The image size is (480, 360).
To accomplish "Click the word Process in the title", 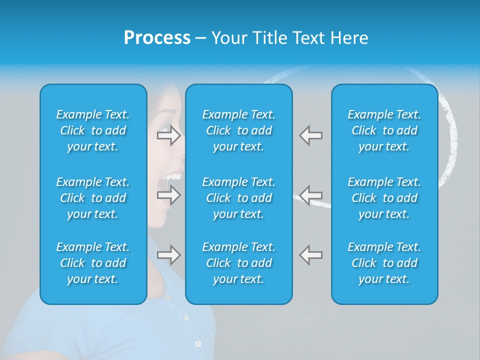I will point(157,38).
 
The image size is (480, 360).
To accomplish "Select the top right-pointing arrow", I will point(168,135).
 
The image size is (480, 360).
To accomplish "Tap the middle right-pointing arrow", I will point(168,194).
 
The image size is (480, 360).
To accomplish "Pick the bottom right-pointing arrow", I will point(168,255).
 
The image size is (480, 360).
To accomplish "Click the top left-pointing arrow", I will point(310,135).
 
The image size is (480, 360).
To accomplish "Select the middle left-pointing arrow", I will point(310,194).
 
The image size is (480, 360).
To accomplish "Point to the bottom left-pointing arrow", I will point(310,255).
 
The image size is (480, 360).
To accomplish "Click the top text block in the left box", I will point(93,130).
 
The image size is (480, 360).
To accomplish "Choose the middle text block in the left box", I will point(93,198).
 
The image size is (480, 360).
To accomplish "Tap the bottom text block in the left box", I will point(93,263).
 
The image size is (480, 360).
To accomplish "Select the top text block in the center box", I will point(239,130).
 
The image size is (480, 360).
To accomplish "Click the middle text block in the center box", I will point(239,198).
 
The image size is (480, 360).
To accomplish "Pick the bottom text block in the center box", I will point(239,263).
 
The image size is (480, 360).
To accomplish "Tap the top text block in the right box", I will point(384,130).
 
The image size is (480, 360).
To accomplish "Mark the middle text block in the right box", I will point(384,198).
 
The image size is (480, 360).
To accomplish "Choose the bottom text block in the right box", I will point(384,263).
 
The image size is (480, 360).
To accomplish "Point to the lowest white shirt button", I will point(197,343).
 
